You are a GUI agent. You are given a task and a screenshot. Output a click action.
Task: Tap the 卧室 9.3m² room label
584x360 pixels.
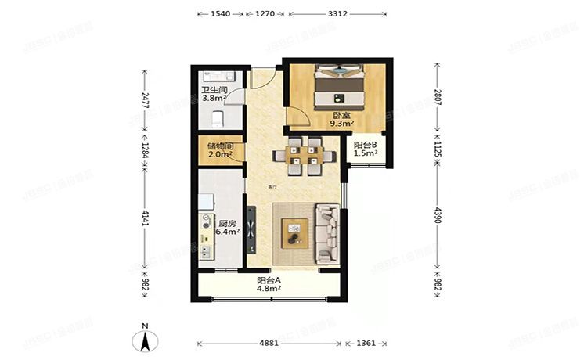click(x=341, y=119)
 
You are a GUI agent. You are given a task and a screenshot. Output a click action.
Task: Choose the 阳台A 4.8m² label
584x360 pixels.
click(x=269, y=285)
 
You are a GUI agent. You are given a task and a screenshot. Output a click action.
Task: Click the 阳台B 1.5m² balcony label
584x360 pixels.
click(x=366, y=149)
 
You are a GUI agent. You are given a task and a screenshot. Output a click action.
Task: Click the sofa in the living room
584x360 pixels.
click(x=327, y=232)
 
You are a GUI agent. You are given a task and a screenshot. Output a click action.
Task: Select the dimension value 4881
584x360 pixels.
click(x=269, y=343)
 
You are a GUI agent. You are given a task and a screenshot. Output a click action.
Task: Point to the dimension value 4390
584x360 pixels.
click(x=438, y=216)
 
